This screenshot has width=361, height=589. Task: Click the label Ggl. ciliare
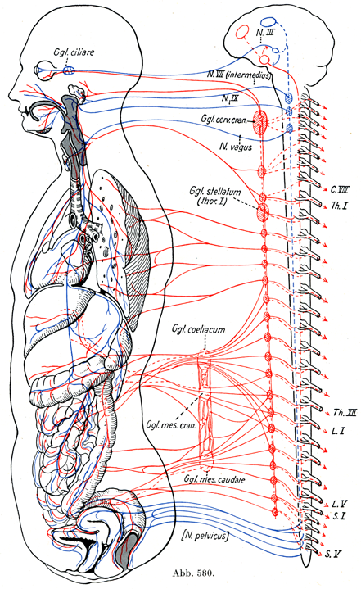pos(74,52)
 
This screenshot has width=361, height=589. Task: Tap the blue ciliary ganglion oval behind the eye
pos(68,70)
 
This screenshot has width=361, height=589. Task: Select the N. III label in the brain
pos(266,33)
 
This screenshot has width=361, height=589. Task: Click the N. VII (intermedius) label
pos(238,75)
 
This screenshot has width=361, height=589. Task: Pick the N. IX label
pos(229,98)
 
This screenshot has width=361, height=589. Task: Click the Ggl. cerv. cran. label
pos(224,119)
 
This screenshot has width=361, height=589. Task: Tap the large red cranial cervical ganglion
pos(259,121)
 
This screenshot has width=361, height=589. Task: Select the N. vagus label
pos(236,147)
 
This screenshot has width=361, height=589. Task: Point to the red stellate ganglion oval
pos(263,211)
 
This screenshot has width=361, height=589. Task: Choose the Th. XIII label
pos(345,412)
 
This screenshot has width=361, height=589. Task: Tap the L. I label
pos(338,430)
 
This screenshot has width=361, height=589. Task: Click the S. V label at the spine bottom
pos(333,554)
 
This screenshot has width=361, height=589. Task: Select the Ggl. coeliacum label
pos(199,329)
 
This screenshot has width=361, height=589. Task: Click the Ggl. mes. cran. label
pos(171,425)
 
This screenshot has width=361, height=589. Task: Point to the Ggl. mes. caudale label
pos(214,479)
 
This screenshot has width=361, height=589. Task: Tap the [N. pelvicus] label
pos(204,536)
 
